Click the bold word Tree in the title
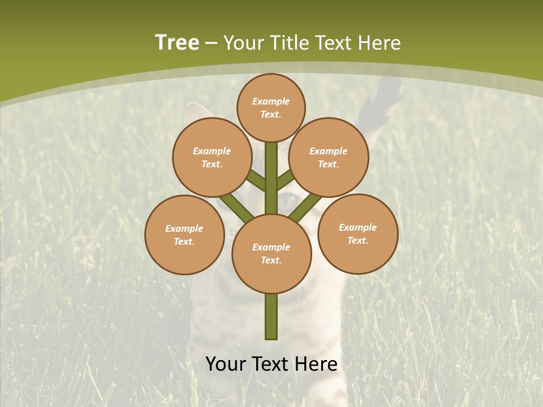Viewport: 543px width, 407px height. pos(177,42)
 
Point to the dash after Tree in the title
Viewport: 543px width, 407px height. pos(211,44)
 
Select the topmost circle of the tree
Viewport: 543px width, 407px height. pos(271,107)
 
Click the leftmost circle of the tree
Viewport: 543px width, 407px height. pos(184,235)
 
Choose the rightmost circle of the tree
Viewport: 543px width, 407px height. pos(357,233)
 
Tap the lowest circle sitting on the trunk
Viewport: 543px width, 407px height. pos(271,254)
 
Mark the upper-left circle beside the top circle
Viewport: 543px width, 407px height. pos(212,157)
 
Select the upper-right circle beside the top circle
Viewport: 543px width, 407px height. pos(329,157)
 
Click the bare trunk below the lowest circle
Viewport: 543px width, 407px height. pos(271,317)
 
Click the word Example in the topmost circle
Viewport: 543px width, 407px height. pos(271,101)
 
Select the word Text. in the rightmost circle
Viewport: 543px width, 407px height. pos(357,240)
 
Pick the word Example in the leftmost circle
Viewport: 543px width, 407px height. pos(184,228)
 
